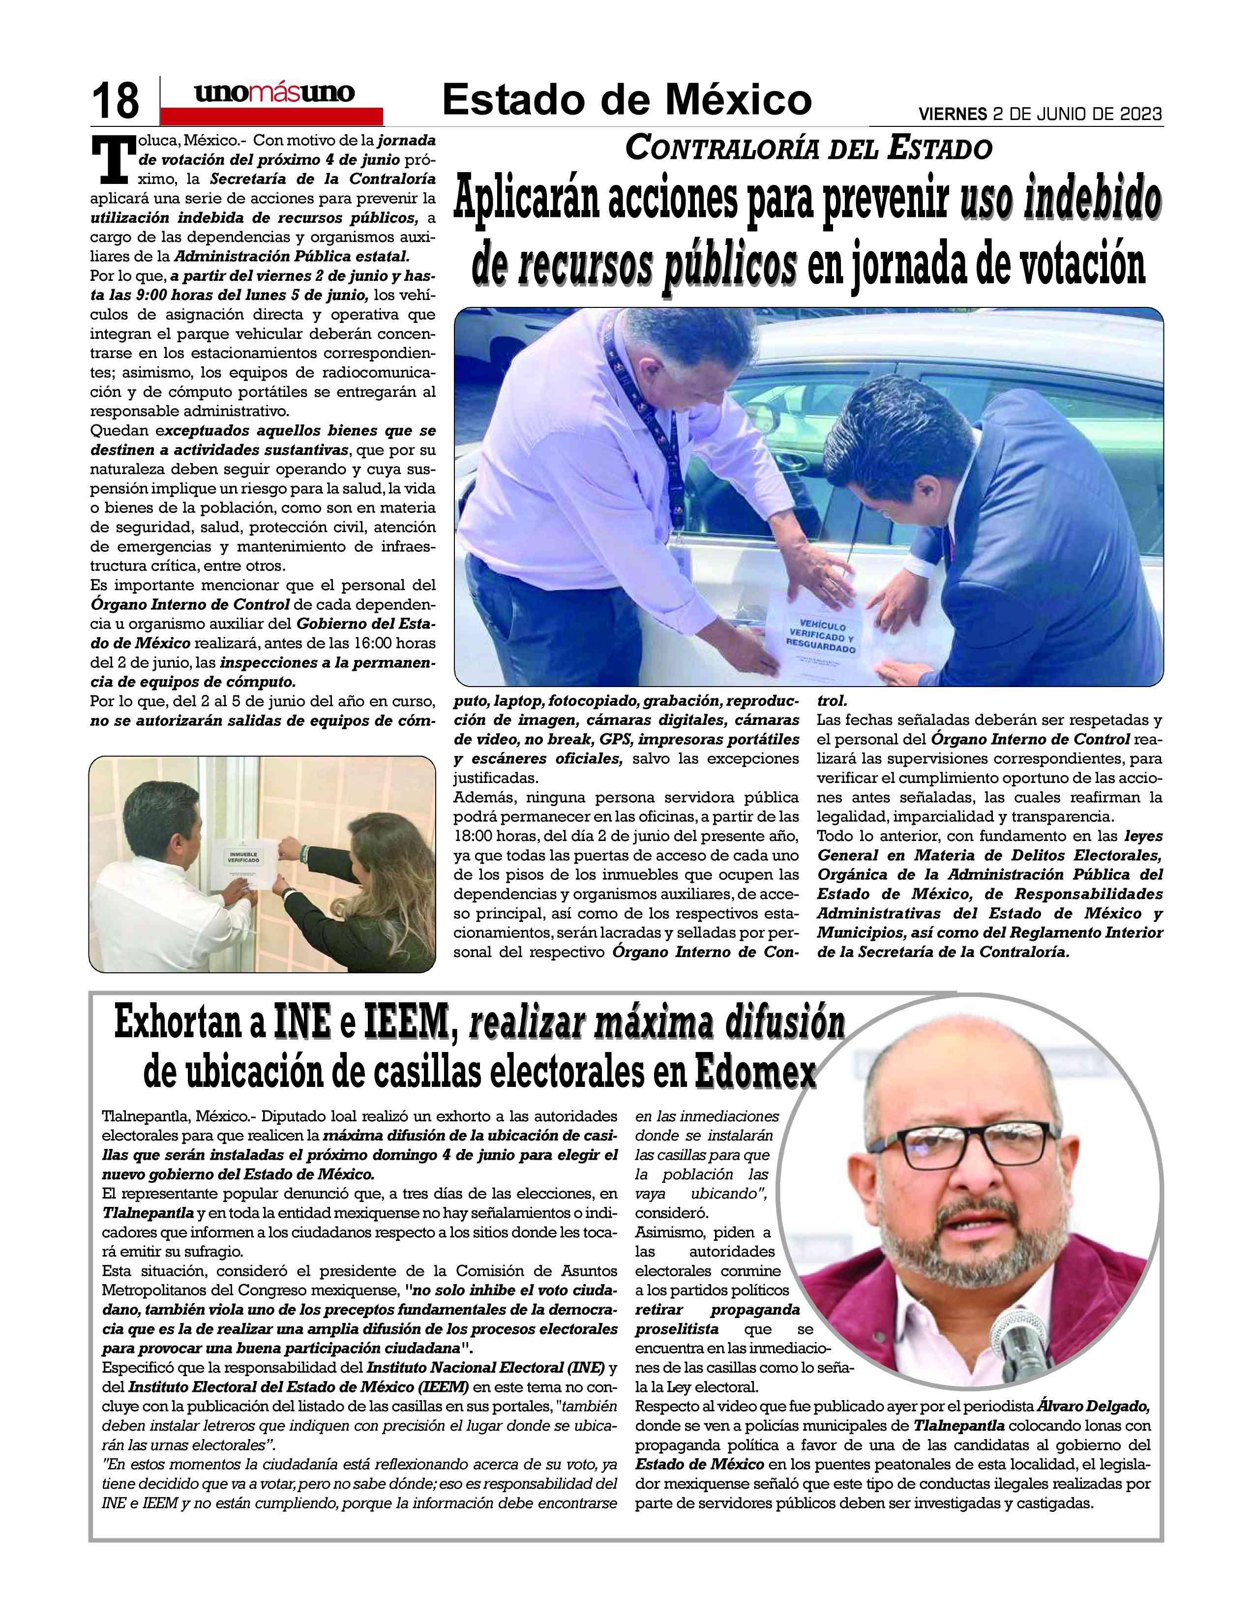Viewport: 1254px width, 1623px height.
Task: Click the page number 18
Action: (x=115, y=100)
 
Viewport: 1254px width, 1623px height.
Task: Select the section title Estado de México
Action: (x=626, y=99)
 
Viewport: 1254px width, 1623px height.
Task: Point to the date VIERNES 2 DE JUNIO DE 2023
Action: (x=1040, y=115)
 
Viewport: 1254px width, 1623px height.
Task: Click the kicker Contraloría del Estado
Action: (x=808, y=149)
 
